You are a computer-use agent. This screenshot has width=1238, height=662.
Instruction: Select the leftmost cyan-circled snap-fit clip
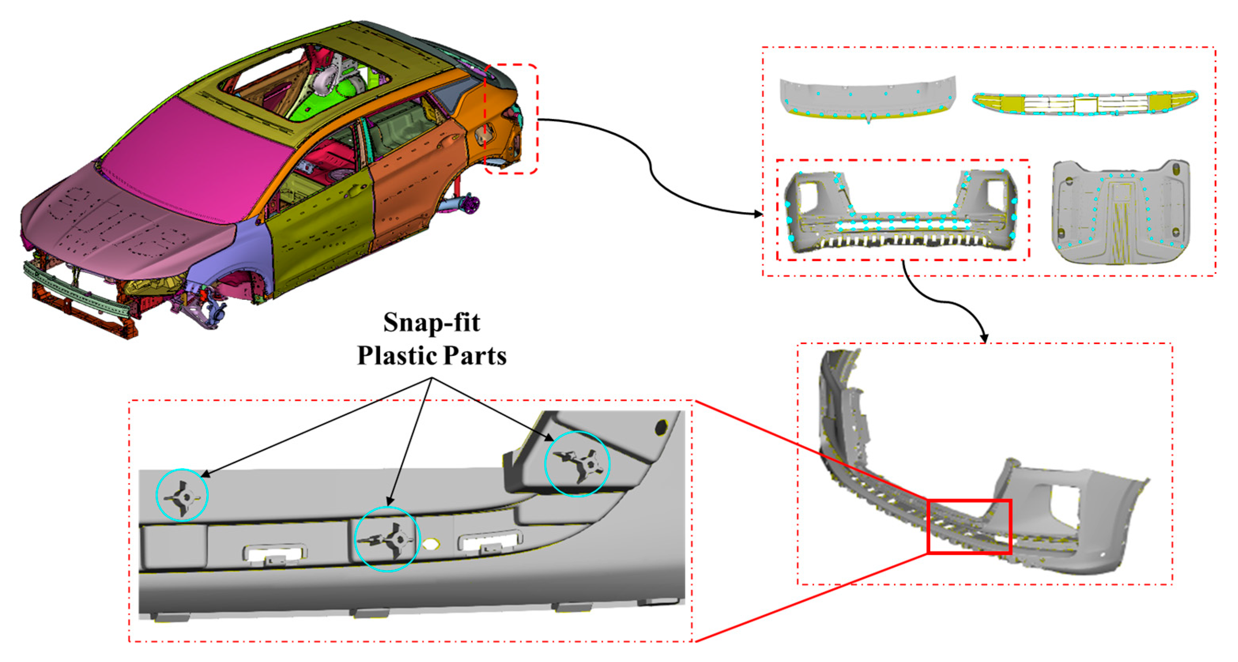pyautogui.click(x=182, y=495)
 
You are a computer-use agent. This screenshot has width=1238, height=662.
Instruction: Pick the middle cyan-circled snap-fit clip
pyautogui.click(x=388, y=539)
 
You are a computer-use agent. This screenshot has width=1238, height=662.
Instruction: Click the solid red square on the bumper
pyautogui.click(x=969, y=527)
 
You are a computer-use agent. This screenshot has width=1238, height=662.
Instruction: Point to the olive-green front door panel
pyautogui.click(x=322, y=226)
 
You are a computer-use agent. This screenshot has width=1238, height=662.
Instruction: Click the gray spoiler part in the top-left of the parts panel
pyautogui.click(x=867, y=96)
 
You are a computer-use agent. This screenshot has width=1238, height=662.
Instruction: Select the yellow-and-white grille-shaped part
pyautogui.click(x=1085, y=103)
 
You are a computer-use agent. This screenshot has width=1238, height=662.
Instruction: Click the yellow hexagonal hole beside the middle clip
pyautogui.click(x=431, y=544)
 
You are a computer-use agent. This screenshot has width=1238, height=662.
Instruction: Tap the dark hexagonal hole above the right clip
pyautogui.click(x=661, y=427)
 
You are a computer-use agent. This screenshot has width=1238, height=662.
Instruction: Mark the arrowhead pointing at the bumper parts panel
pyautogui.click(x=759, y=214)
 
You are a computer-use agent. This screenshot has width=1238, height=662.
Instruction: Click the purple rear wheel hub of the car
pyautogui.click(x=470, y=203)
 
